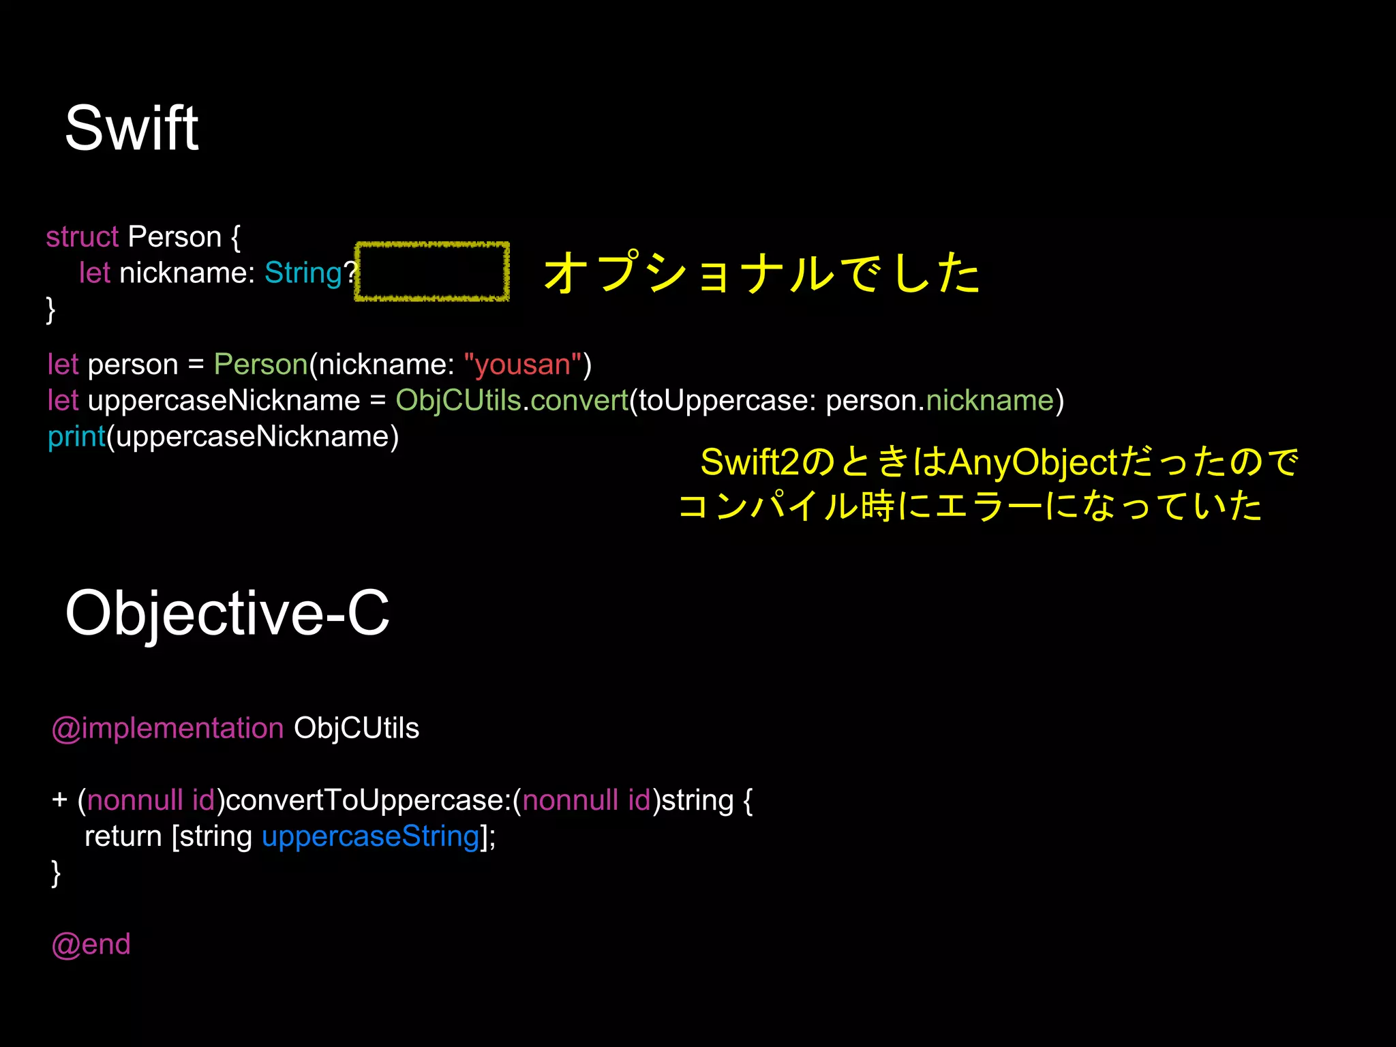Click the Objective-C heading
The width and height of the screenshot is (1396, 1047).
[227, 613]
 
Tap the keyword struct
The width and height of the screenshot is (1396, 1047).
[82, 237]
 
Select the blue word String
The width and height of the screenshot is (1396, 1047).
[303, 273]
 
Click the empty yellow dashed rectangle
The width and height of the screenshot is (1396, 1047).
[432, 271]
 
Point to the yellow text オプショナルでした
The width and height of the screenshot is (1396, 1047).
[761, 273]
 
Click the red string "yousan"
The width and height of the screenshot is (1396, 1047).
[523, 365]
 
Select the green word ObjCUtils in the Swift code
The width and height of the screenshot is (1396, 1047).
[458, 400]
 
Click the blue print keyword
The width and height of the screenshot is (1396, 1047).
[76, 436]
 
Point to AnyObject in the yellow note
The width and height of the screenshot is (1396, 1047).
[1033, 462]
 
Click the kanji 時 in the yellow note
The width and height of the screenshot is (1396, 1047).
[877, 506]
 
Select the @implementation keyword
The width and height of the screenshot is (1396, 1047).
[168, 728]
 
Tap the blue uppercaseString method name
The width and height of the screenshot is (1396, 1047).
[370, 836]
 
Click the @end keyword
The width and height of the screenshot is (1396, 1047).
[91, 944]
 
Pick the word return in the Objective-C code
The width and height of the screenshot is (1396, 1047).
[123, 836]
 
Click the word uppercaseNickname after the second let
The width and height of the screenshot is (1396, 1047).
[224, 400]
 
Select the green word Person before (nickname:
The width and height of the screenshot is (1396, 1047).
[260, 365]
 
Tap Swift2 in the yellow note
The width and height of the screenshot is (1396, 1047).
[749, 462]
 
